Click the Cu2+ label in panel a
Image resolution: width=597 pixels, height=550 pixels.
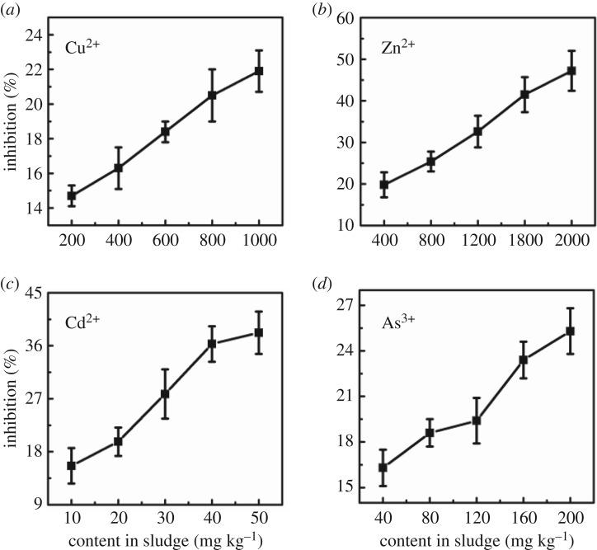pos(83,45)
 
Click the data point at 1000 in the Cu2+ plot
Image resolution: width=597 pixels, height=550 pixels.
pos(259,71)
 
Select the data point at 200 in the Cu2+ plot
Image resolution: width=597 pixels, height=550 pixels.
pos(72,195)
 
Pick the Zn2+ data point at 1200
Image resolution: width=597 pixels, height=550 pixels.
pos(477,131)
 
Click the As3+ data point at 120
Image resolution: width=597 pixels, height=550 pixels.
pos(477,421)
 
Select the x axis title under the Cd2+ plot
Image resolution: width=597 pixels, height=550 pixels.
pos(165,540)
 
